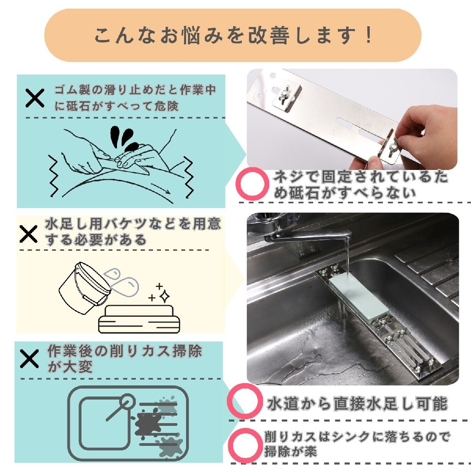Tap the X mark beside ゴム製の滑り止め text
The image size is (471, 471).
[35, 98]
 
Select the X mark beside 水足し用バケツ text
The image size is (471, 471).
[29, 234]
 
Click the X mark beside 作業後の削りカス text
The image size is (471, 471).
[29, 359]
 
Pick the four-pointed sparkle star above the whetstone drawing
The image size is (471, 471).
[164, 296]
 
